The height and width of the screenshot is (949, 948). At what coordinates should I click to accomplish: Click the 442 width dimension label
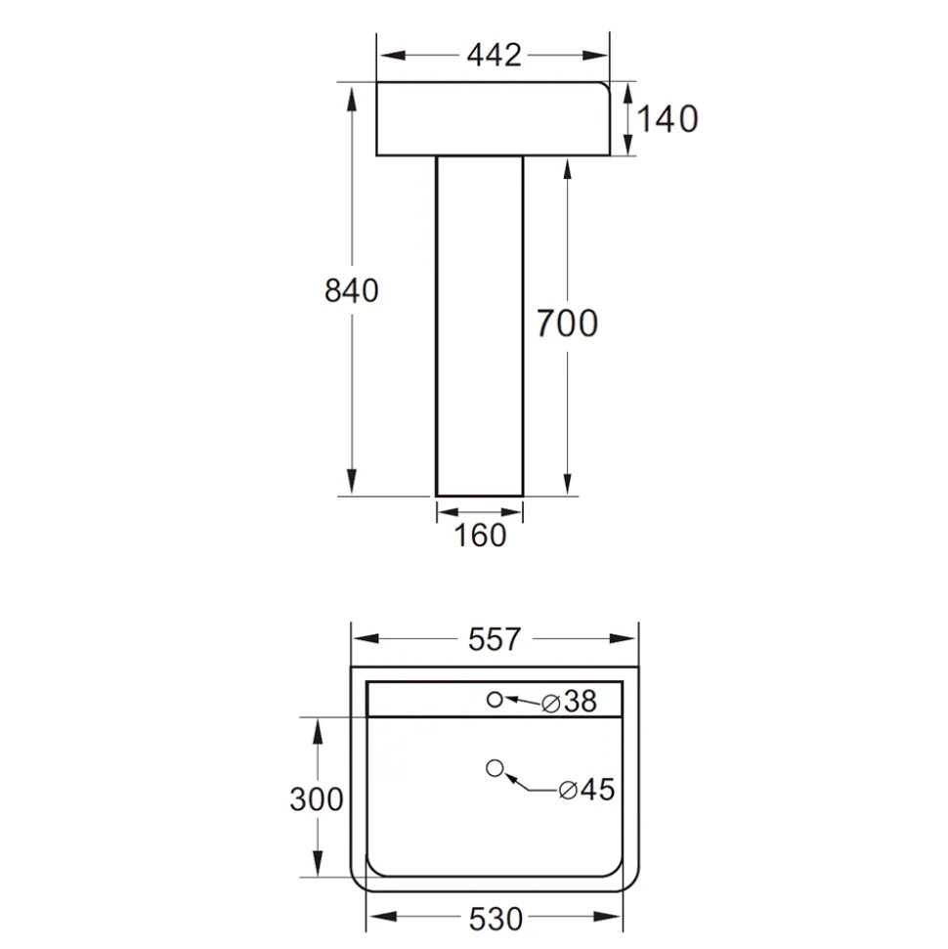494,56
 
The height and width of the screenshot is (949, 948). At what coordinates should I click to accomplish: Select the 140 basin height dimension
668,118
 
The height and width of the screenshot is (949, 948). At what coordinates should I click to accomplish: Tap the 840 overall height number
351,290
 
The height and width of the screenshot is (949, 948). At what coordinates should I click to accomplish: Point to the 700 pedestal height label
567,324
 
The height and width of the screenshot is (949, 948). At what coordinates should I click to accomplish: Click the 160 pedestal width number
480,536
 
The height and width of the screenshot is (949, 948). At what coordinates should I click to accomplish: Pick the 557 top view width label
494,640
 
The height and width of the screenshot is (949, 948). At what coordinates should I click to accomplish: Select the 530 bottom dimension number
496,920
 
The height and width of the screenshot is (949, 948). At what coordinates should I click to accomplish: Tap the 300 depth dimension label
316,799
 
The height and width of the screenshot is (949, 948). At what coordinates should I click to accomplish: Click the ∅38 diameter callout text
569,702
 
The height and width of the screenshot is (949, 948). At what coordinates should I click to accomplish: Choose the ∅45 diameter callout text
586,790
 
